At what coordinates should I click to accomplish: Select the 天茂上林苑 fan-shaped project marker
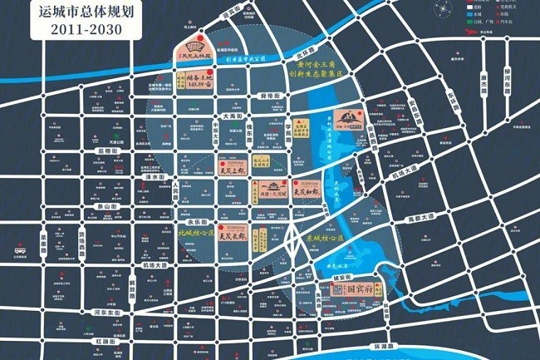point(191,50)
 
